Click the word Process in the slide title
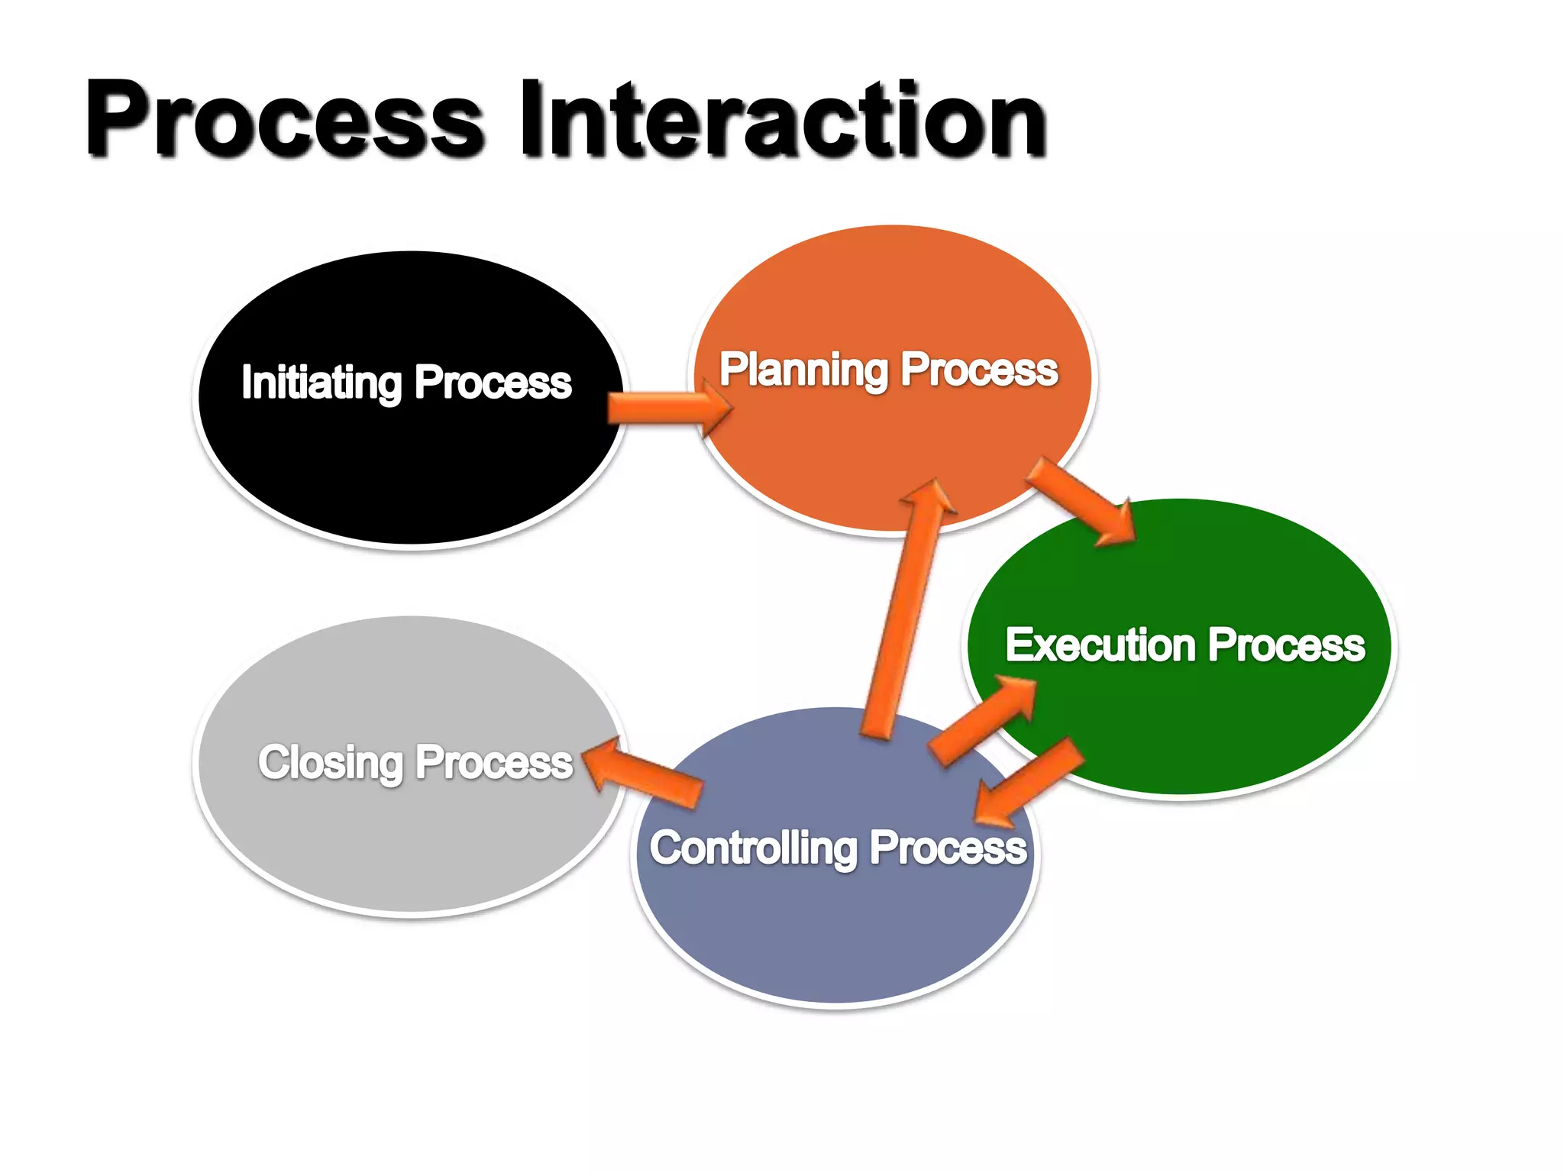click(284, 121)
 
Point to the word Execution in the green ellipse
click(1100, 645)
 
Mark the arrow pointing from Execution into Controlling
click(1031, 783)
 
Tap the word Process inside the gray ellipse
click(494, 762)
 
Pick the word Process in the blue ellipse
click(948, 848)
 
